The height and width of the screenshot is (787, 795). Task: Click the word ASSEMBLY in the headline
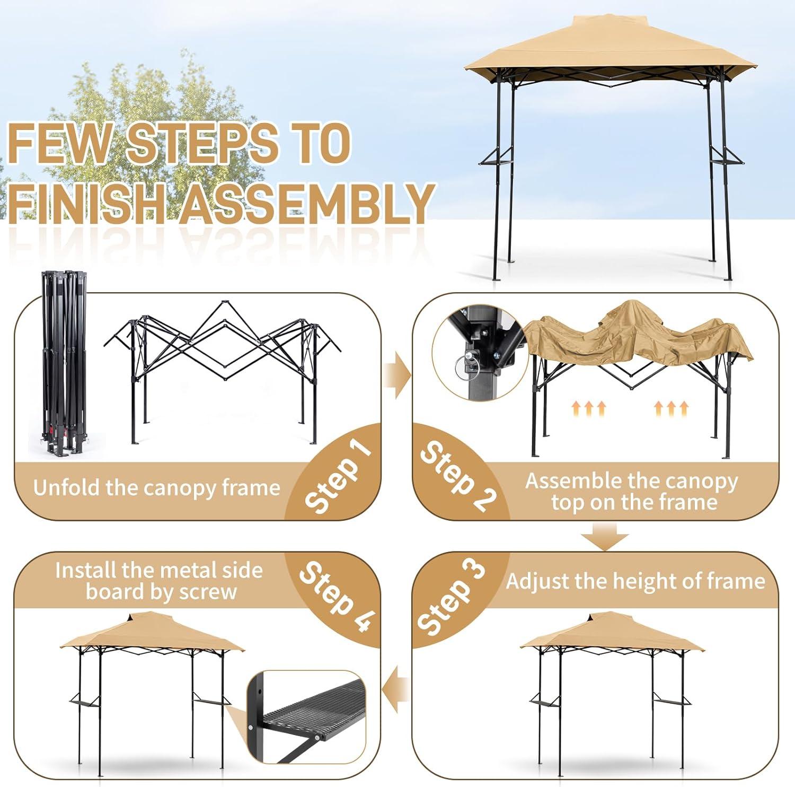pyautogui.click(x=306, y=203)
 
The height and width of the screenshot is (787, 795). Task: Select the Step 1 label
pyautogui.click(x=337, y=477)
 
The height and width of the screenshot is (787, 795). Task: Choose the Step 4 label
pyautogui.click(x=337, y=596)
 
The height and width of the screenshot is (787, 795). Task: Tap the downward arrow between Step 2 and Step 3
pyautogui.click(x=604, y=537)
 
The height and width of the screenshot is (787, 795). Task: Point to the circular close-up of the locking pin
pyautogui.click(x=479, y=352)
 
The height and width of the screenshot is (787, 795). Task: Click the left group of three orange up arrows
pyautogui.click(x=588, y=408)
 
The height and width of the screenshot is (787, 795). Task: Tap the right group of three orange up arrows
pyautogui.click(x=672, y=408)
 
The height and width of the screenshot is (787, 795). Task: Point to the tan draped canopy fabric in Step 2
pyautogui.click(x=636, y=331)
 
